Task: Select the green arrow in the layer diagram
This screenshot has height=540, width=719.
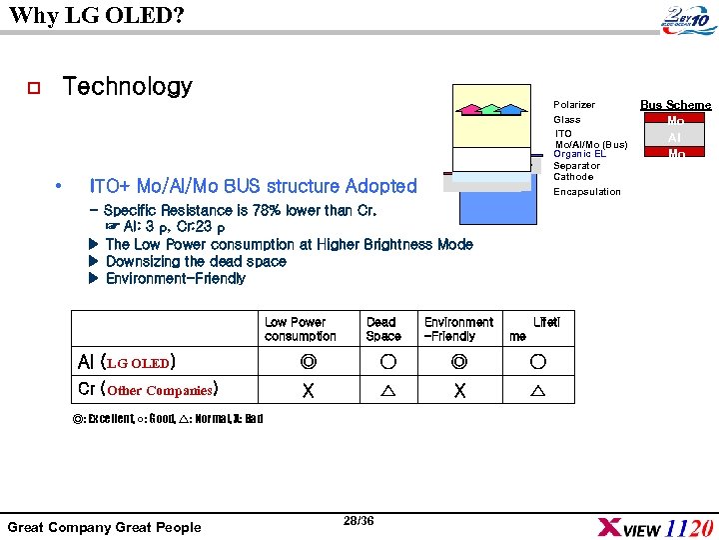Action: pos(489,108)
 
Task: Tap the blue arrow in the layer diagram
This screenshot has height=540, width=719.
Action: pos(511,108)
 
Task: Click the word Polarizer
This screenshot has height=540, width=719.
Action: pos(574,105)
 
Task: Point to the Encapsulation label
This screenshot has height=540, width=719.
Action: pos(587,192)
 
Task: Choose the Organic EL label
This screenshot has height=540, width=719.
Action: pos(580,154)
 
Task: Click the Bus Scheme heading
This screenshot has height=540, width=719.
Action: pos(676,105)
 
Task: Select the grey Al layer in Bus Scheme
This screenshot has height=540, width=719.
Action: pos(676,137)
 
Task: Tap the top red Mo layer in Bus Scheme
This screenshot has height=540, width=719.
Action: pos(676,120)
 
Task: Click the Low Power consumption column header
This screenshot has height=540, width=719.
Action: pos(301,329)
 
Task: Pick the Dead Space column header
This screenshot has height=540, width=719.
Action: pos(381,329)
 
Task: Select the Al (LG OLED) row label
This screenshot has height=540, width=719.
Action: pos(127,361)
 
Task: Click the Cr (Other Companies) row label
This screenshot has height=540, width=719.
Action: pos(148,389)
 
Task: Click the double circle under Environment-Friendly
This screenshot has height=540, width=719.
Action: pos(458,361)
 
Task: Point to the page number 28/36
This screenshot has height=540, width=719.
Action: pos(358,521)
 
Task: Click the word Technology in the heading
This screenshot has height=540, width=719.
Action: pos(127,87)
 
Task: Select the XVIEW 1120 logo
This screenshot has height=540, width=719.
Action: pos(654,527)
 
